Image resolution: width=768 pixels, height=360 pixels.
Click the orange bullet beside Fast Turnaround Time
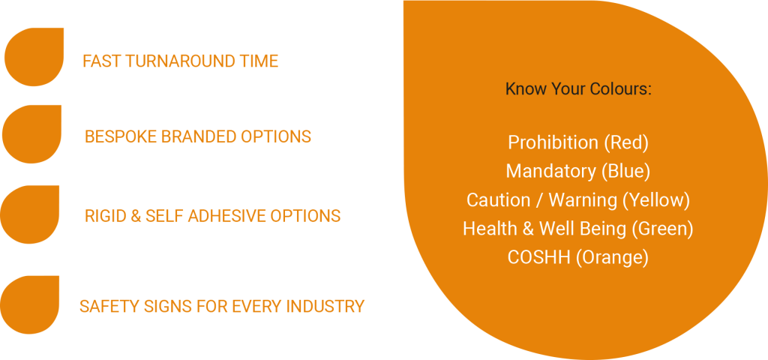34,57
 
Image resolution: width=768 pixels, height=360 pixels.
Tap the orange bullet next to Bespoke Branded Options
31,134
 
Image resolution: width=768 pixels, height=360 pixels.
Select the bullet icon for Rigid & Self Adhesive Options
30,214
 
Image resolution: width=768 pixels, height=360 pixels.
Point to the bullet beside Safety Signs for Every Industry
30,304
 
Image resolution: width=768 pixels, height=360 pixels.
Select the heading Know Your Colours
578,89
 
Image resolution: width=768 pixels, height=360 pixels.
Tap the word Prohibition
553,142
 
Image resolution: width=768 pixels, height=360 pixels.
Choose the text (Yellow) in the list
658,199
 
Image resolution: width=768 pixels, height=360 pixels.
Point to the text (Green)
662,229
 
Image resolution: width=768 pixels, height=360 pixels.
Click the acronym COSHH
539,257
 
